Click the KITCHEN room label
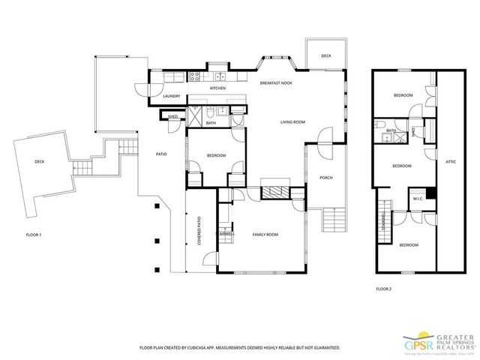click(217, 88)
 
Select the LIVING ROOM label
click(292, 121)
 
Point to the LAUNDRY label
click(171, 96)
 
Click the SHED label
click(172, 117)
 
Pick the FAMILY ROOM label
click(265, 235)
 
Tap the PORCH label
click(325, 178)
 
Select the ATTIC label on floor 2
click(451, 161)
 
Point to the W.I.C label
click(418, 199)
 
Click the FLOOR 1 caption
click(34, 235)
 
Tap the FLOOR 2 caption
click(384, 288)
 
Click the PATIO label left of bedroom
click(161, 154)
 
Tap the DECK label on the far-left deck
click(39, 161)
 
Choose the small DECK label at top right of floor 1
click(326, 56)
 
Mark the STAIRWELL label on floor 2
click(383, 220)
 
